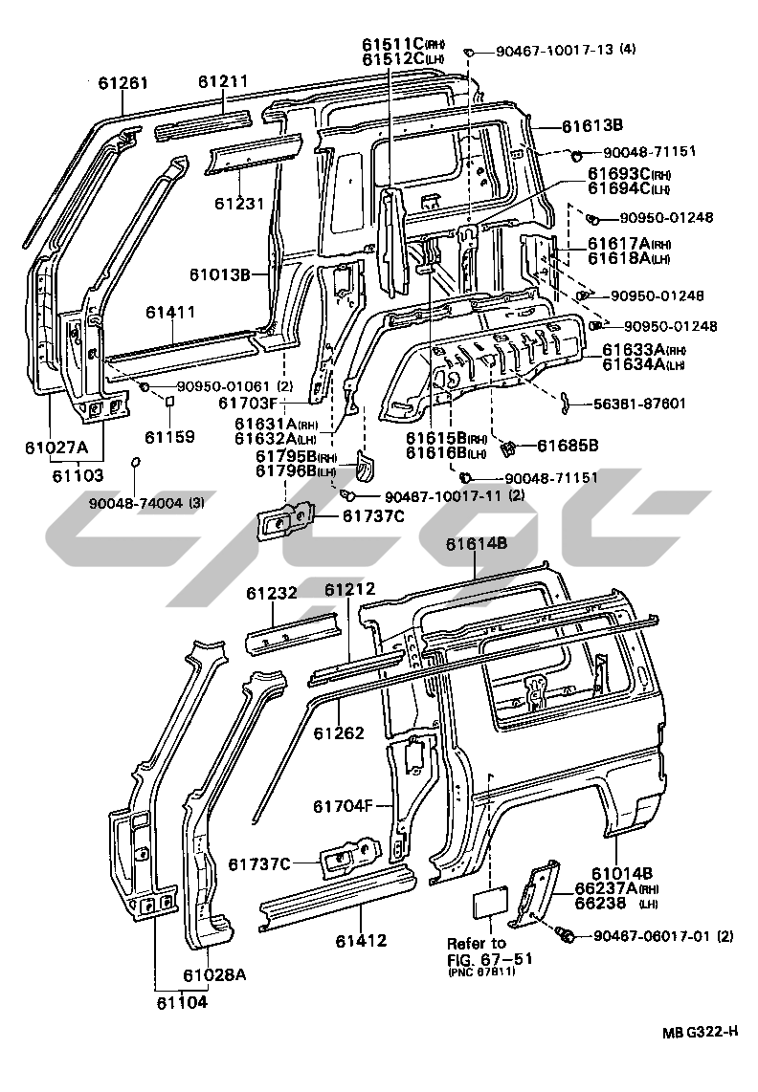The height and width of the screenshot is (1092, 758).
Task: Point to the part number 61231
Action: pyautogui.click(x=239, y=203)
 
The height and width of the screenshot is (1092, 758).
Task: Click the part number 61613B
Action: pyautogui.click(x=592, y=125)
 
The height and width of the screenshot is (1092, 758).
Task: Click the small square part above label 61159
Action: pyautogui.click(x=169, y=403)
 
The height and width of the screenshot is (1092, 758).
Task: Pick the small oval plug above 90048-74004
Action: pyautogui.click(x=136, y=463)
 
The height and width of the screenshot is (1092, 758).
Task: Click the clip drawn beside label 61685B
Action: pyautogui.click(x=509, y=446)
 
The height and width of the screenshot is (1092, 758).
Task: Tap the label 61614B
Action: pyautogui.click(x=476, y=544)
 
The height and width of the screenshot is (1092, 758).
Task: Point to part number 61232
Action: pyautogui.click(x=273, y=594)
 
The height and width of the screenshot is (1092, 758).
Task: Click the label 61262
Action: pyautogui.click(x=339, y=733)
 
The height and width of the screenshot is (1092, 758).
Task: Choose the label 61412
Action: pyautogui.click(x=360, y=940)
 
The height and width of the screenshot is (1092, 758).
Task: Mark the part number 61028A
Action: pyautogui.click(x=214, y=974)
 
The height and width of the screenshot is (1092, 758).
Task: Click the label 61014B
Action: pyautogui.click(x=622, y=873)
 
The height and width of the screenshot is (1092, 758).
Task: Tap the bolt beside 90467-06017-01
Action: pyautogui.click(x=565, y=934)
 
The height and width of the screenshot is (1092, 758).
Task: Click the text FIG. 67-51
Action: pyautogui.click(x=489, y=958)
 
